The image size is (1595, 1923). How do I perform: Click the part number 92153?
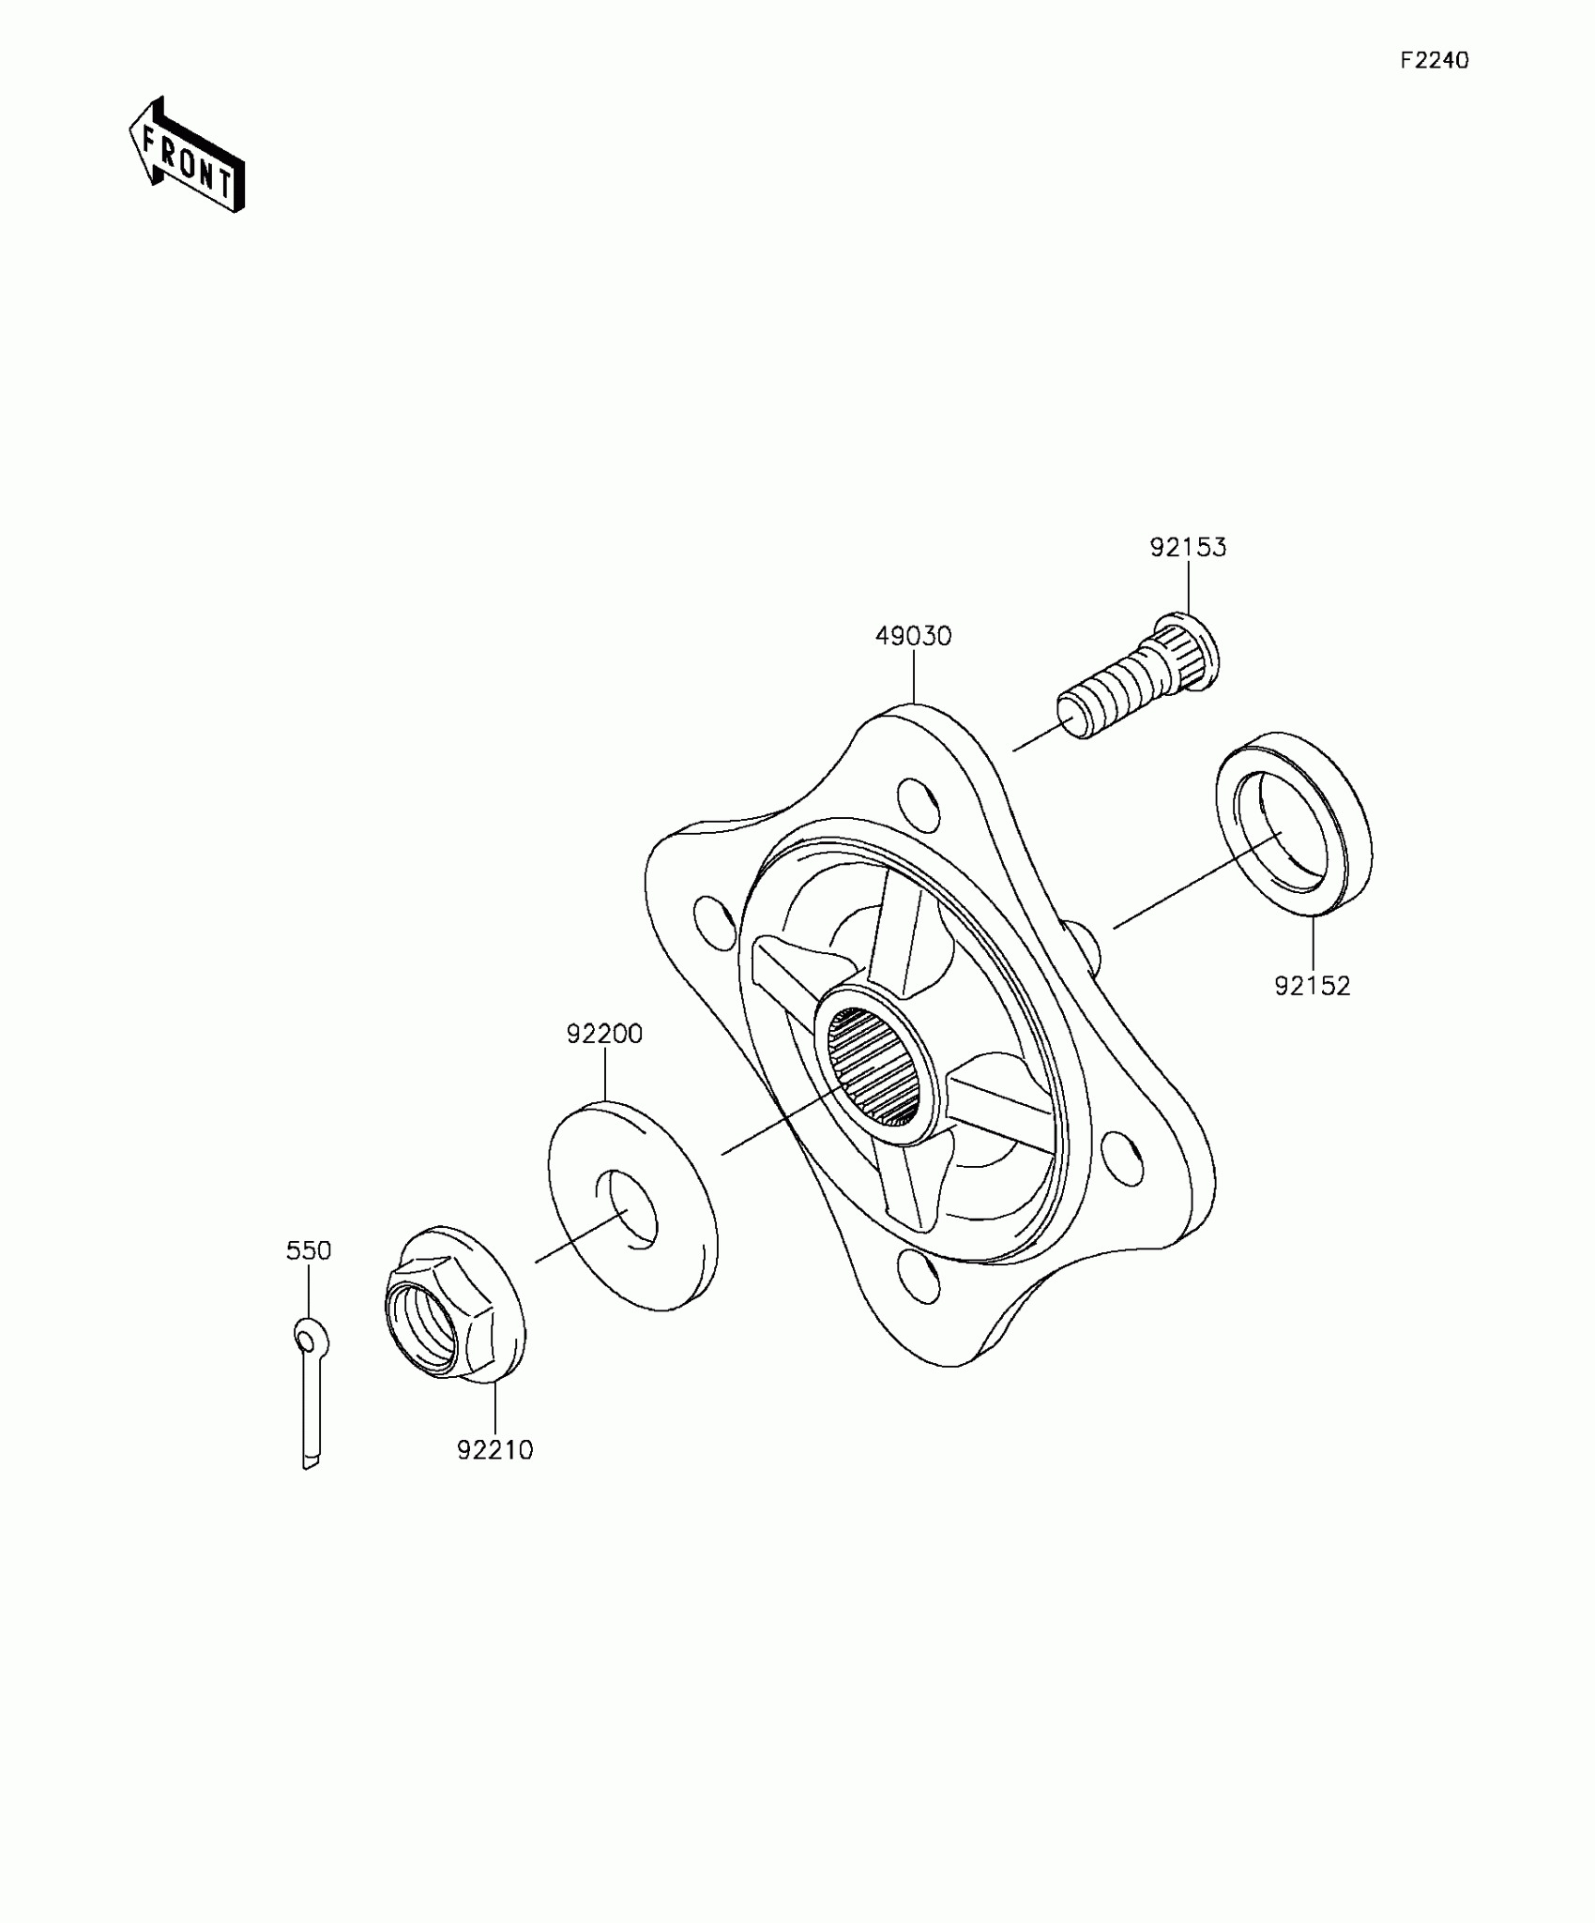(1188, 548)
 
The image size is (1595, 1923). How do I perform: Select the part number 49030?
(913, 636)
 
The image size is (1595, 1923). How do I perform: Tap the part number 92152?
(1312, 986)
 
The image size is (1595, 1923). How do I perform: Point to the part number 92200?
(604, 1034)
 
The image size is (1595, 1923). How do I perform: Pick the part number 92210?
(495, 1450)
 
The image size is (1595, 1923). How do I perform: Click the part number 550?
(309, 1250)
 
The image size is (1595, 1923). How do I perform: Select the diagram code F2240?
(1435, 61)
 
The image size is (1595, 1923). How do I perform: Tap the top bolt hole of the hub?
(919, 802)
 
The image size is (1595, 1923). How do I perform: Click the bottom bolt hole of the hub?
(919, 1276)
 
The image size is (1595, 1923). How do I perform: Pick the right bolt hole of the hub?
(1123, 1158)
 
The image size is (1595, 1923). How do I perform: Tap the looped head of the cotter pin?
(310, 1336)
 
